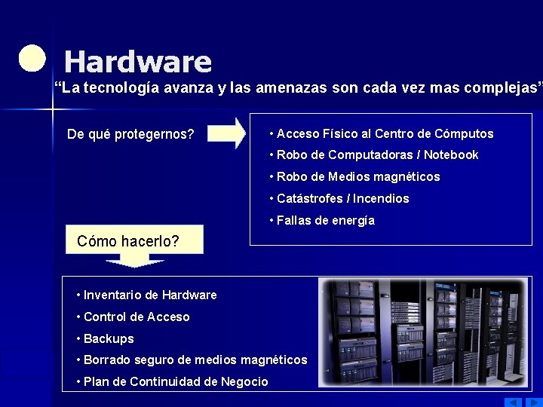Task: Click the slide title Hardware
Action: tap(138, 61)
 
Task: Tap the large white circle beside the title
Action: tap(32, 58)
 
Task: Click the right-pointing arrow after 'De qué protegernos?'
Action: tap(226, 133)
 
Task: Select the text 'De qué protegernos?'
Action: tap(130, 135)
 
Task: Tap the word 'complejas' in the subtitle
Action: tap(502, 88)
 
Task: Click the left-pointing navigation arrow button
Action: tap(513, 401)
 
